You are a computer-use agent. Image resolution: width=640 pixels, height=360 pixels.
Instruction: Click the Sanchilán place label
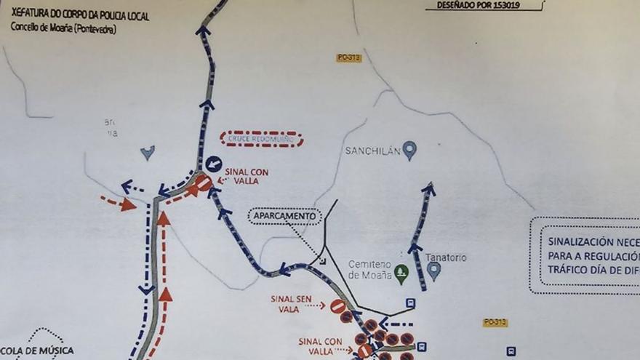(373, 151)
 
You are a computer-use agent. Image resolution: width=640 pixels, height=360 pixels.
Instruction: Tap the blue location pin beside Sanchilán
(409, 151)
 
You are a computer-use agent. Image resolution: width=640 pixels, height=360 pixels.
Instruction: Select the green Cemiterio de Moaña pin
(401, 273)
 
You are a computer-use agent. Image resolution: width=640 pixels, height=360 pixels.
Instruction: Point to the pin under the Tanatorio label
(434, 271)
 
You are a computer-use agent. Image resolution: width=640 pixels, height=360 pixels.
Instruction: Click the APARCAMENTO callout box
(284, 216)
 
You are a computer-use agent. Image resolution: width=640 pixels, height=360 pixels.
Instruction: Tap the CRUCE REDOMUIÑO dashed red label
(262, 139)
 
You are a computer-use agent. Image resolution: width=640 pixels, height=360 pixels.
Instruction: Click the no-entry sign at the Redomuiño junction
(204, 183)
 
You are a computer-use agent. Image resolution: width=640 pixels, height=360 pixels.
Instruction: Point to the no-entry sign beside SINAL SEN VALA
(337, 307)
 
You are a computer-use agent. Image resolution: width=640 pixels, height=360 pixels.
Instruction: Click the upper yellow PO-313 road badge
(349, 58)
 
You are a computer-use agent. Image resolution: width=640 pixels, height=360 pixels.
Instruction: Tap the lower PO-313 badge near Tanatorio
(495, 322)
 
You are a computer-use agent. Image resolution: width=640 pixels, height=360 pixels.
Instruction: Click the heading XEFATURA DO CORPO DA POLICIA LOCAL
(80, 15)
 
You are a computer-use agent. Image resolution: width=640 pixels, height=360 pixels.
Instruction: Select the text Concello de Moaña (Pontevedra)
(63, 28)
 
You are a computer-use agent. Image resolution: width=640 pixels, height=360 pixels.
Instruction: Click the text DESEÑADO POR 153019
(481, 5)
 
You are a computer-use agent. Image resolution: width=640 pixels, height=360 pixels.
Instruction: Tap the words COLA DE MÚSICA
(37, 351)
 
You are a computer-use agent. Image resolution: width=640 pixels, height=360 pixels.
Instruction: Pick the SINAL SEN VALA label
(291, 303)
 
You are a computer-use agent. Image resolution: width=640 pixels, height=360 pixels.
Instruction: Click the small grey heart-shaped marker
(148, 152)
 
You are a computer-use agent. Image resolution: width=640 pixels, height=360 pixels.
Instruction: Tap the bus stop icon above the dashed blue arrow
(411, 303)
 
